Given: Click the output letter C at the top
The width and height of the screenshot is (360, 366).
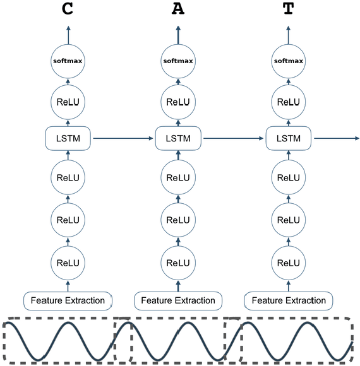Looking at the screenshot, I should coord(68,9).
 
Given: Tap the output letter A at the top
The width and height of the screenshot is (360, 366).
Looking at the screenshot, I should coord(178,9).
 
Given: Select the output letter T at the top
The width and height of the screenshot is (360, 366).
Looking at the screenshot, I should coord(289,9).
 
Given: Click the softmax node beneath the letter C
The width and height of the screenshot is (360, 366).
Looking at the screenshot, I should coord(68,61).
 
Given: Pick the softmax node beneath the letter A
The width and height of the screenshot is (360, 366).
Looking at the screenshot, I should coord(178,61).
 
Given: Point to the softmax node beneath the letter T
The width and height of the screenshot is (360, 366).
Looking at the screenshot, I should coord(289,61).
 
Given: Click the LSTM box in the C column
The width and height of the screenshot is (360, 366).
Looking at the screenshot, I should coord(68,138).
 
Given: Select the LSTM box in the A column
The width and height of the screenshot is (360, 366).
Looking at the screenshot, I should coord(178,138).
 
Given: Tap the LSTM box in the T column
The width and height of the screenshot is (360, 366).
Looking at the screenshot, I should coord(289,138).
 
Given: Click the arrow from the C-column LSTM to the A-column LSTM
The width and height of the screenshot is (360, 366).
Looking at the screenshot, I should coord(123,138).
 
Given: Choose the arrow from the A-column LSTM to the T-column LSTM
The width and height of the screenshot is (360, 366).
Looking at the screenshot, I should coord(234,138).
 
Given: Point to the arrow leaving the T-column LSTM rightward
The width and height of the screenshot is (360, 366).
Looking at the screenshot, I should coord(336,138).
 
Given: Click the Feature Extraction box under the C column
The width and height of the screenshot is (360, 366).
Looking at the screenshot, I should coord(68,300).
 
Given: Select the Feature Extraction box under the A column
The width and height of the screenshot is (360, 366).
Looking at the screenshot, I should coord(178,300).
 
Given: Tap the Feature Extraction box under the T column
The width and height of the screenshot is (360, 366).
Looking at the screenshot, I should coord(289,300).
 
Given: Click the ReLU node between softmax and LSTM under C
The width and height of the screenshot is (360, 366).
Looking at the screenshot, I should coord(68,102).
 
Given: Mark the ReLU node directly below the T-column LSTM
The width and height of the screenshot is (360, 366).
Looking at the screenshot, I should coord(289,178).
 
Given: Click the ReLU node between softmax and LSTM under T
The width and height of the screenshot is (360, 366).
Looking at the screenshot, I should coord(289,102).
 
